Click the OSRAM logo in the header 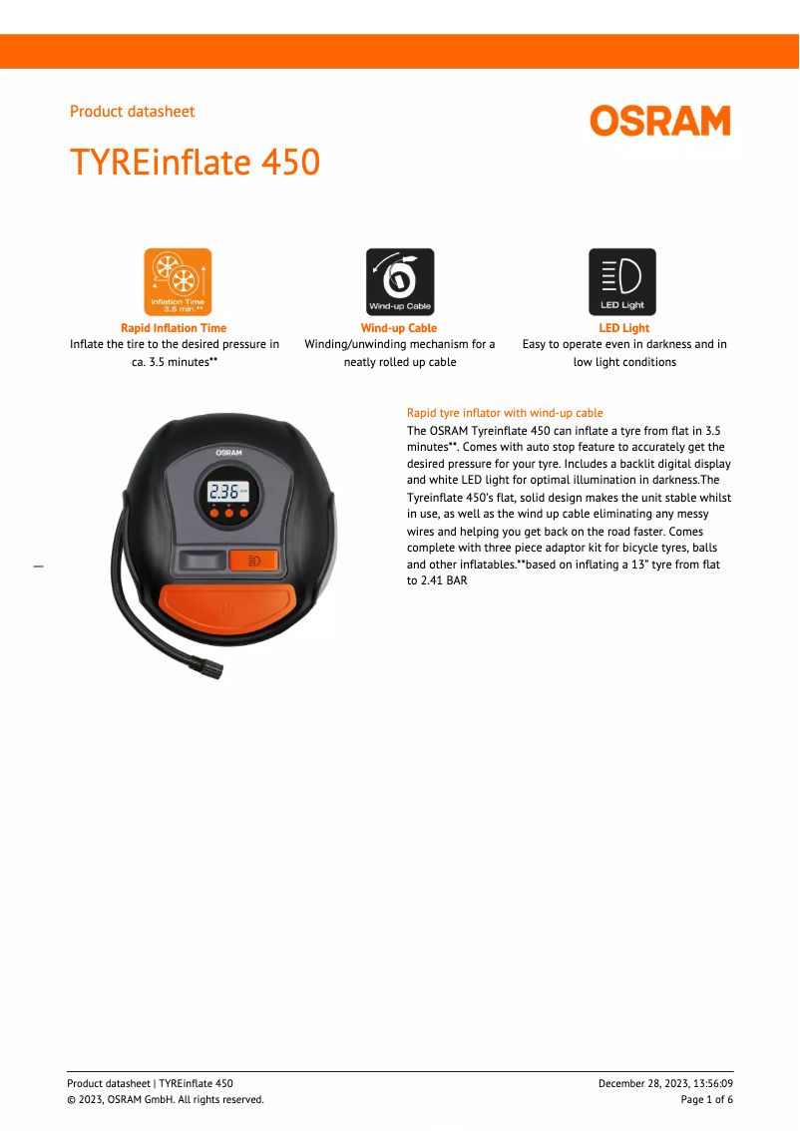[x=659, y=122]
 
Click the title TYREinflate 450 [x=195, y=162]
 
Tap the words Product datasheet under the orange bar [x=132, y=112]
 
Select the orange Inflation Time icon [x=178, y=282]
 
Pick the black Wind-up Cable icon [x=400, y=282]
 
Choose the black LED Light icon [x=622, y=282]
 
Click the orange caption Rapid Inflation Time [x=174, y=328]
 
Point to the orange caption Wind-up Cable [x=399, y=328]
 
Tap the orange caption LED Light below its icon [x=623, y=328]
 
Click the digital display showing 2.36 [x=227, y=491]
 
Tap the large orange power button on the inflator [x=227, y=606]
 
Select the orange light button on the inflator [x=253, y=561]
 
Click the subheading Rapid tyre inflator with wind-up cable [x=505, y=413]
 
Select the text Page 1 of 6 [x=706, y=1099]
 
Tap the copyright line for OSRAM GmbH [x=166, y=1099]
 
